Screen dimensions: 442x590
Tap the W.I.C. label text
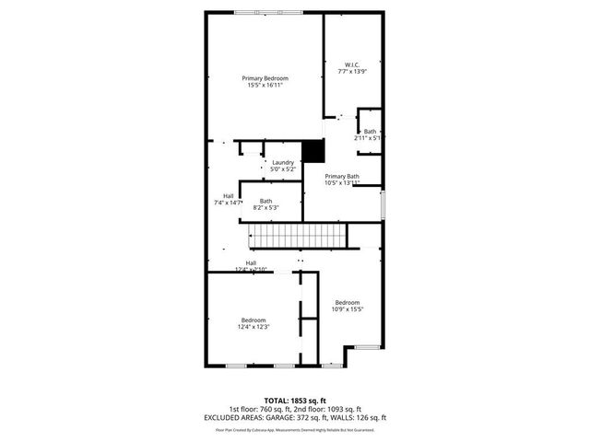[352, 64]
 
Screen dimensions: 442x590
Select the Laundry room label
[282, 162]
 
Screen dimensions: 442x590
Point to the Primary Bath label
[341, 176]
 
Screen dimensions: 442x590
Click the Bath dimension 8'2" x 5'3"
[265, 208]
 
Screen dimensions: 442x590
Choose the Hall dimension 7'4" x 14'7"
[228, 202]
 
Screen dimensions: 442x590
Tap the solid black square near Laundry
[313, 150]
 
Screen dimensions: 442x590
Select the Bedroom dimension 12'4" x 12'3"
[254, 328]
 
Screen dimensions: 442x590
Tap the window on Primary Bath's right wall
[383, 204]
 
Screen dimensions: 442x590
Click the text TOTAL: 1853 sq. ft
[294, 401]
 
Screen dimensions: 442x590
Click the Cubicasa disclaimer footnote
[294, 429]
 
